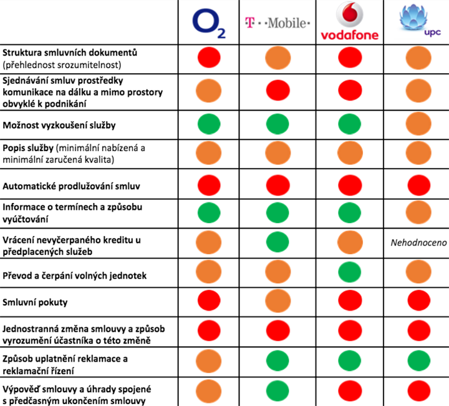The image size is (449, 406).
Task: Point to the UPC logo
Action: tap(413, 23)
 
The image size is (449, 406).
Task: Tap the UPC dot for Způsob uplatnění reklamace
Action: tap(413, 362)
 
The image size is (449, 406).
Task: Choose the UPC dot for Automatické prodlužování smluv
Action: tap(413, 185)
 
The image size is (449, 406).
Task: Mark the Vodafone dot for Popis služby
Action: tap(349, 153)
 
